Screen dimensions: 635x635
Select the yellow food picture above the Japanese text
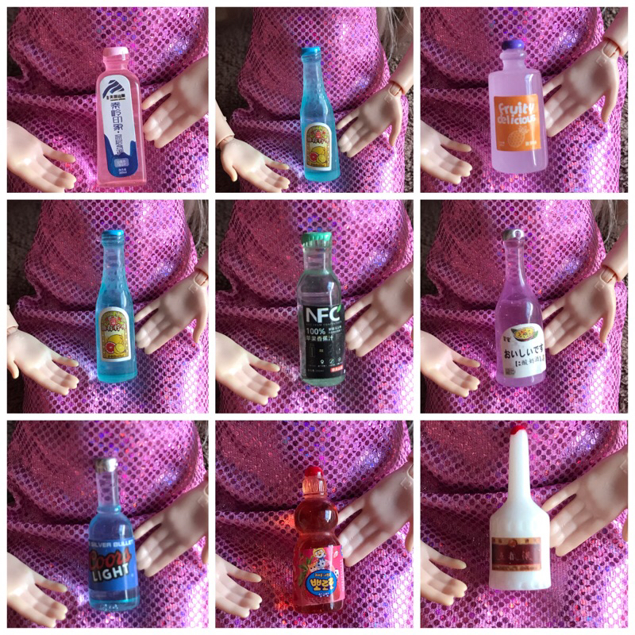515,326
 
